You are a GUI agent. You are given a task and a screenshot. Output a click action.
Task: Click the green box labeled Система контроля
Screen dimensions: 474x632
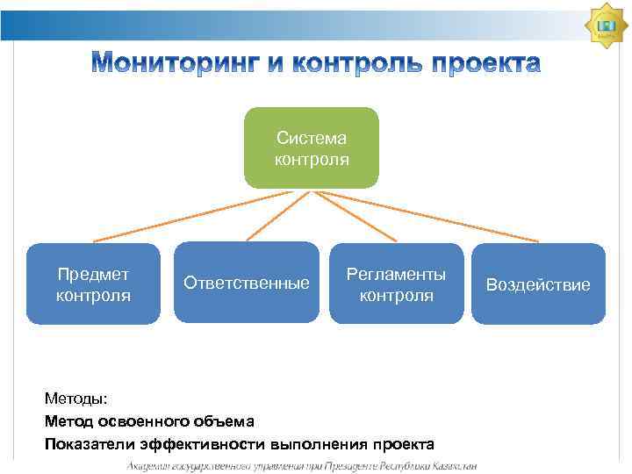(x=311, y=148)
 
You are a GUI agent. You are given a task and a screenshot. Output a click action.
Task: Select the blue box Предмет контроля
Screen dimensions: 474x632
(x=93, y=284)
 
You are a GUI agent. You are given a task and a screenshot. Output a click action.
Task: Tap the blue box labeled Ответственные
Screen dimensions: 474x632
(x=247, y=283)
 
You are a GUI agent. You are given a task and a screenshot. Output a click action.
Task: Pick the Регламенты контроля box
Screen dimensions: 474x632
(x=396, y=284)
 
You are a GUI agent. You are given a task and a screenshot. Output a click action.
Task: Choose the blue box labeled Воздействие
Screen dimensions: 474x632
(x=538, y=284)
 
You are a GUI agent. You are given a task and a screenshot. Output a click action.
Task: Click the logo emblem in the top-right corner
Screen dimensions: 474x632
(x=605, y=26)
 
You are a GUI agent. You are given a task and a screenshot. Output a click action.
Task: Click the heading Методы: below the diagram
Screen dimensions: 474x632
(x=75, y=399)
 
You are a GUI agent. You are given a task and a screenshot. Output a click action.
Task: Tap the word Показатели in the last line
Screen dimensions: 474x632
(x=86, y=443)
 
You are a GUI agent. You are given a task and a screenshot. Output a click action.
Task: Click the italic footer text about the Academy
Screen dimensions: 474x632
(x=302, y=465)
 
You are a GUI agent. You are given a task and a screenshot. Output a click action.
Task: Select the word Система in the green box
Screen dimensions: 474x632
(x=311, y=138)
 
